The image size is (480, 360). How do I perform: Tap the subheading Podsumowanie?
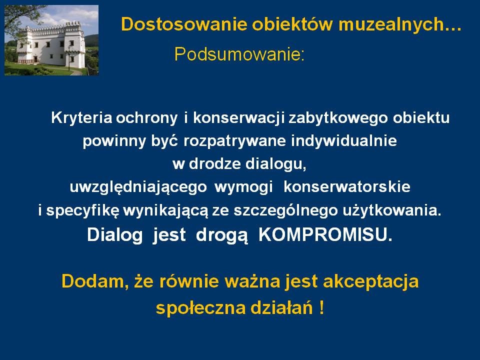tap(239, 54)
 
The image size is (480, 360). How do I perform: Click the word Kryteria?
tap(81, 118)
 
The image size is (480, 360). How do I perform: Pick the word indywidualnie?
tap(344, 141)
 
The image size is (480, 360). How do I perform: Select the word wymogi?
tap(243, 187)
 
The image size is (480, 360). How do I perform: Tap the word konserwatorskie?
tap(347, 186)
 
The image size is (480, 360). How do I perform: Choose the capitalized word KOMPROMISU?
tap(325, 235)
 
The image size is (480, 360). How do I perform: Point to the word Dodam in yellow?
tap(95, 281)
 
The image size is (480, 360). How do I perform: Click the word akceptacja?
tap(370, 281)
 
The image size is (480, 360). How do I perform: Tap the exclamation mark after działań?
tap(321, 307)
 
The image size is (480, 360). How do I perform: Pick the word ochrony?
tap(146, 118)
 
